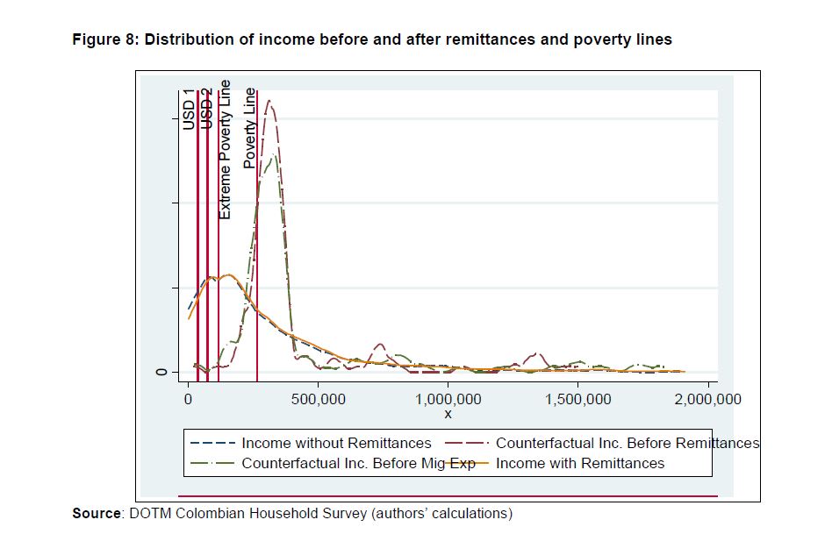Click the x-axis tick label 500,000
[318, 400]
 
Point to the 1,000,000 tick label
[448, 400]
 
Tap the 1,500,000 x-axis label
[577, 400]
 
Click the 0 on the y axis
[161, 373]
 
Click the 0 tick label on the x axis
[188, 400]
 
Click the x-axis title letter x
[448, 414]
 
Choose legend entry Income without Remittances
[336, 443]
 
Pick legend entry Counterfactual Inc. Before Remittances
[627, 443]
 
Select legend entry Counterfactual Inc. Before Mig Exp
[358, 463]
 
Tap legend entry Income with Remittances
[580, 463]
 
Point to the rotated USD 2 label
[207, 110]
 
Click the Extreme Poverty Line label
[226, 149]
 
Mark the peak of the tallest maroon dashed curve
[271, 101]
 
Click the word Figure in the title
[96, 39]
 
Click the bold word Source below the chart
[95, 513]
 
